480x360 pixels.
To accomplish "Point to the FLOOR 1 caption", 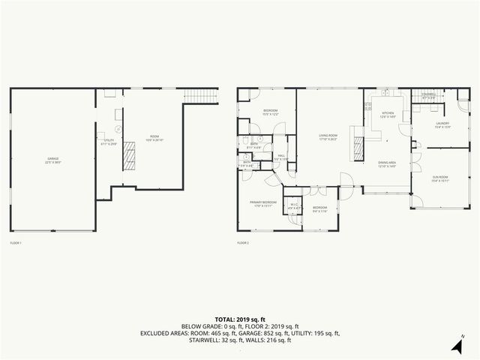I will [x=16, y=243].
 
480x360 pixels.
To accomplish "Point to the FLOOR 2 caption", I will [x=243, y=243].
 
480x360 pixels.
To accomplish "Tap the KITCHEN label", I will [x=387, y=115].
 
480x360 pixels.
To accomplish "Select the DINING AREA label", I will [x=387, y=164].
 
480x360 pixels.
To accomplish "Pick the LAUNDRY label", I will [x=442, y=125].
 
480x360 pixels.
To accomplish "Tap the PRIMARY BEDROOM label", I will [x=263, y=204].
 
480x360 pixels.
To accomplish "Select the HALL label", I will [x=280, y=157].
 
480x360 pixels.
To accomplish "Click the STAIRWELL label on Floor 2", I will [x=429, y=96].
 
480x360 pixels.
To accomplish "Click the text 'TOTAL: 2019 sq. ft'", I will [x=239, y=319].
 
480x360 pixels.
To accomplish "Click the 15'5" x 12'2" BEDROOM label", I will [x=271, y=112].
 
